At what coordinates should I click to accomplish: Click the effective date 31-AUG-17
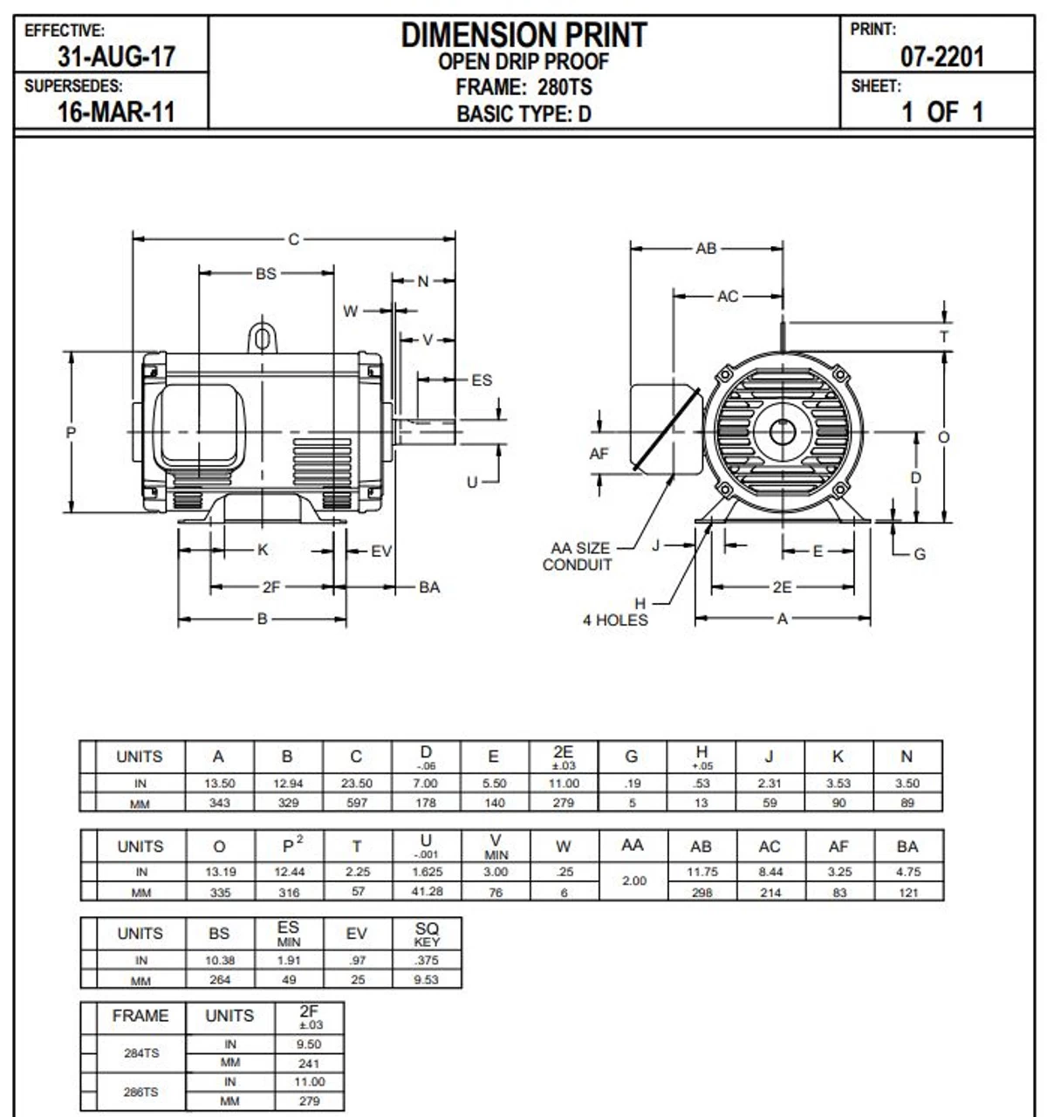pyautogui.click(x=116, y=57)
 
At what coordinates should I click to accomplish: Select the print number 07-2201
pyautogui.click(x=941, y=58)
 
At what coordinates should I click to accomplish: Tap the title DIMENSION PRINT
pyautogui.click(x=524, y=35)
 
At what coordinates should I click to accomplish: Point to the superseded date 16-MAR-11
pyautogui.click(x=116, y=113)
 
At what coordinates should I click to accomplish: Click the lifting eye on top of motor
pyautogui.click(x=262, y=337)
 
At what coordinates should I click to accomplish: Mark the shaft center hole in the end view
pyautogui.click(x=782, y=431)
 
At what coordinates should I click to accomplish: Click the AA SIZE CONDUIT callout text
pyautogui.click(x=578, y=557)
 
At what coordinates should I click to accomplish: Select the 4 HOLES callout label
pyautogui.click(x=615, y=620)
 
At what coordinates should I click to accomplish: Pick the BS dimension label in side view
pyautogui.click(x=266, y=273)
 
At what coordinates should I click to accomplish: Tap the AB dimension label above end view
pyautogui.click(x=706, y=249)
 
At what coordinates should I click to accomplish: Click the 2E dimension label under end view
pyautogui.click(x=782, y=587)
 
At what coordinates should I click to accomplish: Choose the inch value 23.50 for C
pyautogui.click(x=357, y=784)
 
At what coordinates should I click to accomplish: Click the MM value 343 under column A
pyautogui.click(x=219, y=803)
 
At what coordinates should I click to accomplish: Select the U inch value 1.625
pyautogui.click(x=426, y=872)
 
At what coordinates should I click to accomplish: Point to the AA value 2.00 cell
pyautogui.click(x=633, y=881)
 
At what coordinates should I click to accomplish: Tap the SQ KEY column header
pyautogui.click(x=427, y=934)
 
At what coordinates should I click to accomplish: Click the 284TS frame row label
pyautogui.click(x=140, y=1053)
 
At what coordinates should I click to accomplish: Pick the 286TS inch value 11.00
pyautogui.click(x=309, y=1082)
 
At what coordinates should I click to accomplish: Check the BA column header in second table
pyautogui.click(x=907, y=846)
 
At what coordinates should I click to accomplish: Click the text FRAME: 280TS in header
pyautogui.click(x=524, y=87)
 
